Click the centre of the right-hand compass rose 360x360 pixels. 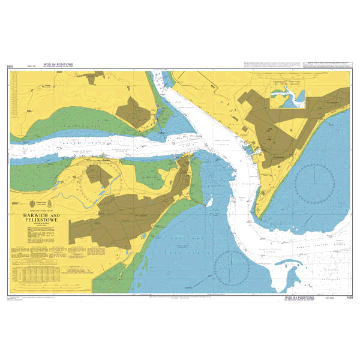(x=314, y=181)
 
